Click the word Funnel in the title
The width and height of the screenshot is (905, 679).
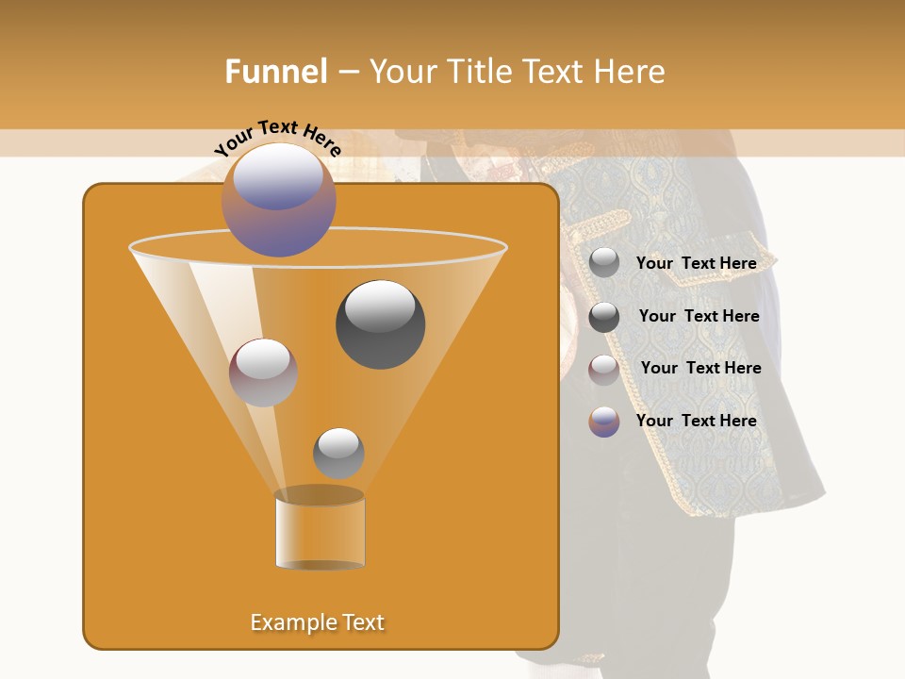pos(276,72)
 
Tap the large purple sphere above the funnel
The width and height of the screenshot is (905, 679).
pos(278,199)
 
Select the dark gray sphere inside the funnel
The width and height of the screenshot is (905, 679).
pos(380,323)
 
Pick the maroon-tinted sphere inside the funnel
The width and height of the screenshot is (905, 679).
pos(263,373)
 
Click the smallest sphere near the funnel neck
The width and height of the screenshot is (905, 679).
pos(338,453)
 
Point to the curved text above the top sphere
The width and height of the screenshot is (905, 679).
pos(277,138)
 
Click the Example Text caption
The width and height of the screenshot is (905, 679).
pos(317,622)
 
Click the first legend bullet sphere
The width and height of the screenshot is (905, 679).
pos(604,263)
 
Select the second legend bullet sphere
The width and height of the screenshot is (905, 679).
pos(604,317)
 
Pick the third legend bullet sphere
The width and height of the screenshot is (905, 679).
pos(604,370)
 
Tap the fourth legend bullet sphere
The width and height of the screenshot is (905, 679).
pos(604,422)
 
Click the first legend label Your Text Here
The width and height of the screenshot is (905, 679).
pos(696,263)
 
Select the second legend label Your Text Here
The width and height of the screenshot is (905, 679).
pos(699,316)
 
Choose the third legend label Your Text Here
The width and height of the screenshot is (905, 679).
pos(700,368)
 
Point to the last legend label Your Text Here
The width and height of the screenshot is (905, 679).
pos(696,421)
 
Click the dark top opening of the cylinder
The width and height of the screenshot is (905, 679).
pos(320,495)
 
